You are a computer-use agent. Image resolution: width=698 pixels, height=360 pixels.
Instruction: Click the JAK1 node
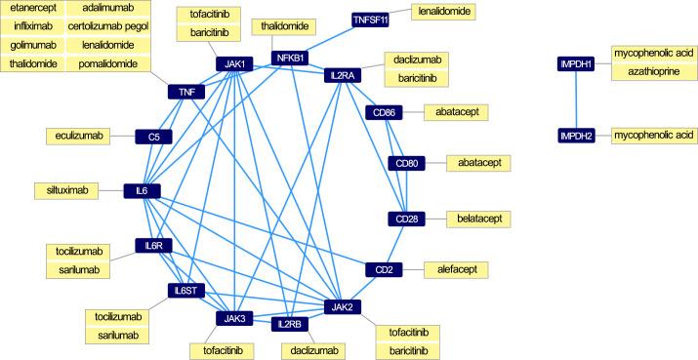235,65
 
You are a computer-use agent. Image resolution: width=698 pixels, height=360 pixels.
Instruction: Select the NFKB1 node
290,58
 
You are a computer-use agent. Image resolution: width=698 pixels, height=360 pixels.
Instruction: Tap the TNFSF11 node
371,20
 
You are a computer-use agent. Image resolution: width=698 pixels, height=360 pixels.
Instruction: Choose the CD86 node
382,113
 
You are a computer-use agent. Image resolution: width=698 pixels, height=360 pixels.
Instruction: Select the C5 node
154,137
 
